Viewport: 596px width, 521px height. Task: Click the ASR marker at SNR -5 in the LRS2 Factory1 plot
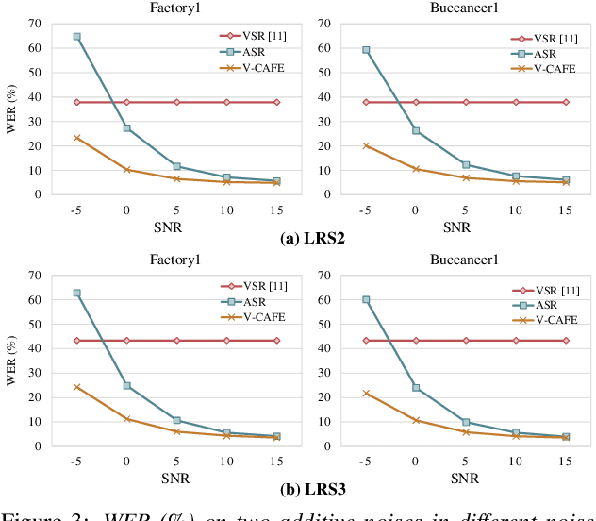[77, 37]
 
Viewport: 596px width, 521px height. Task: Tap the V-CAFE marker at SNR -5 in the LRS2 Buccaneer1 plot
[366, 145]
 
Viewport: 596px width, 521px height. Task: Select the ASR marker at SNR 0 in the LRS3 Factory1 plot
[127, 385]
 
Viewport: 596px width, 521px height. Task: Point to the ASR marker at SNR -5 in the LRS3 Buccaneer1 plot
[366, 299]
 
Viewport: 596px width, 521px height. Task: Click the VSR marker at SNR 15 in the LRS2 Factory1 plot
[276, 102]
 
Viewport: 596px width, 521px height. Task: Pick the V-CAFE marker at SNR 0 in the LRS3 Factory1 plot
[127, 418]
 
